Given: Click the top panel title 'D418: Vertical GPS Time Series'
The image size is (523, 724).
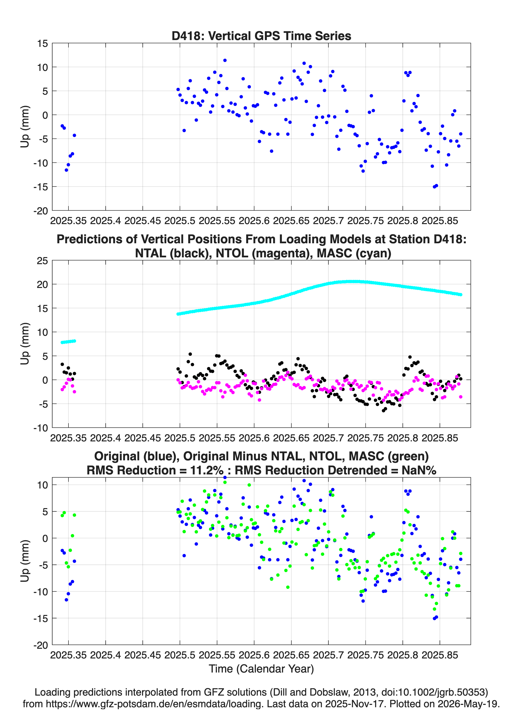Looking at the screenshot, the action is [x=261, y=36].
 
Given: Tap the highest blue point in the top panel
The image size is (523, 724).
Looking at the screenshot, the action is [x=225, y=60].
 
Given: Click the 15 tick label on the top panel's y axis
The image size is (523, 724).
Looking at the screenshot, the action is [x=42, y=43].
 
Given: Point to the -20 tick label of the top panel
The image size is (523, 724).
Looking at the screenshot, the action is [x=41, y=211].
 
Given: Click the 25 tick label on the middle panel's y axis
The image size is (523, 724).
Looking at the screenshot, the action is [x=42, y=261].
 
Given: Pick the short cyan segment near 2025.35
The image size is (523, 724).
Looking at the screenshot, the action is [x=68, y=342].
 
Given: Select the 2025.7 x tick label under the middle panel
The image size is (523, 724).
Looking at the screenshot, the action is [x=328, y=438].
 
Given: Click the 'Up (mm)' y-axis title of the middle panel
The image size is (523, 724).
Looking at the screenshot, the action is [x=25, y=344].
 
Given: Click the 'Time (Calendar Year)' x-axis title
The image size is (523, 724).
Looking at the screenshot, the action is [x=261, y=668].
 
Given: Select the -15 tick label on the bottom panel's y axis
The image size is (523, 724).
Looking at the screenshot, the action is [x=41, y=619].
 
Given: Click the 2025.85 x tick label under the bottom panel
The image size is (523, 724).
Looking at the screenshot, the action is [x=440, y=655].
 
